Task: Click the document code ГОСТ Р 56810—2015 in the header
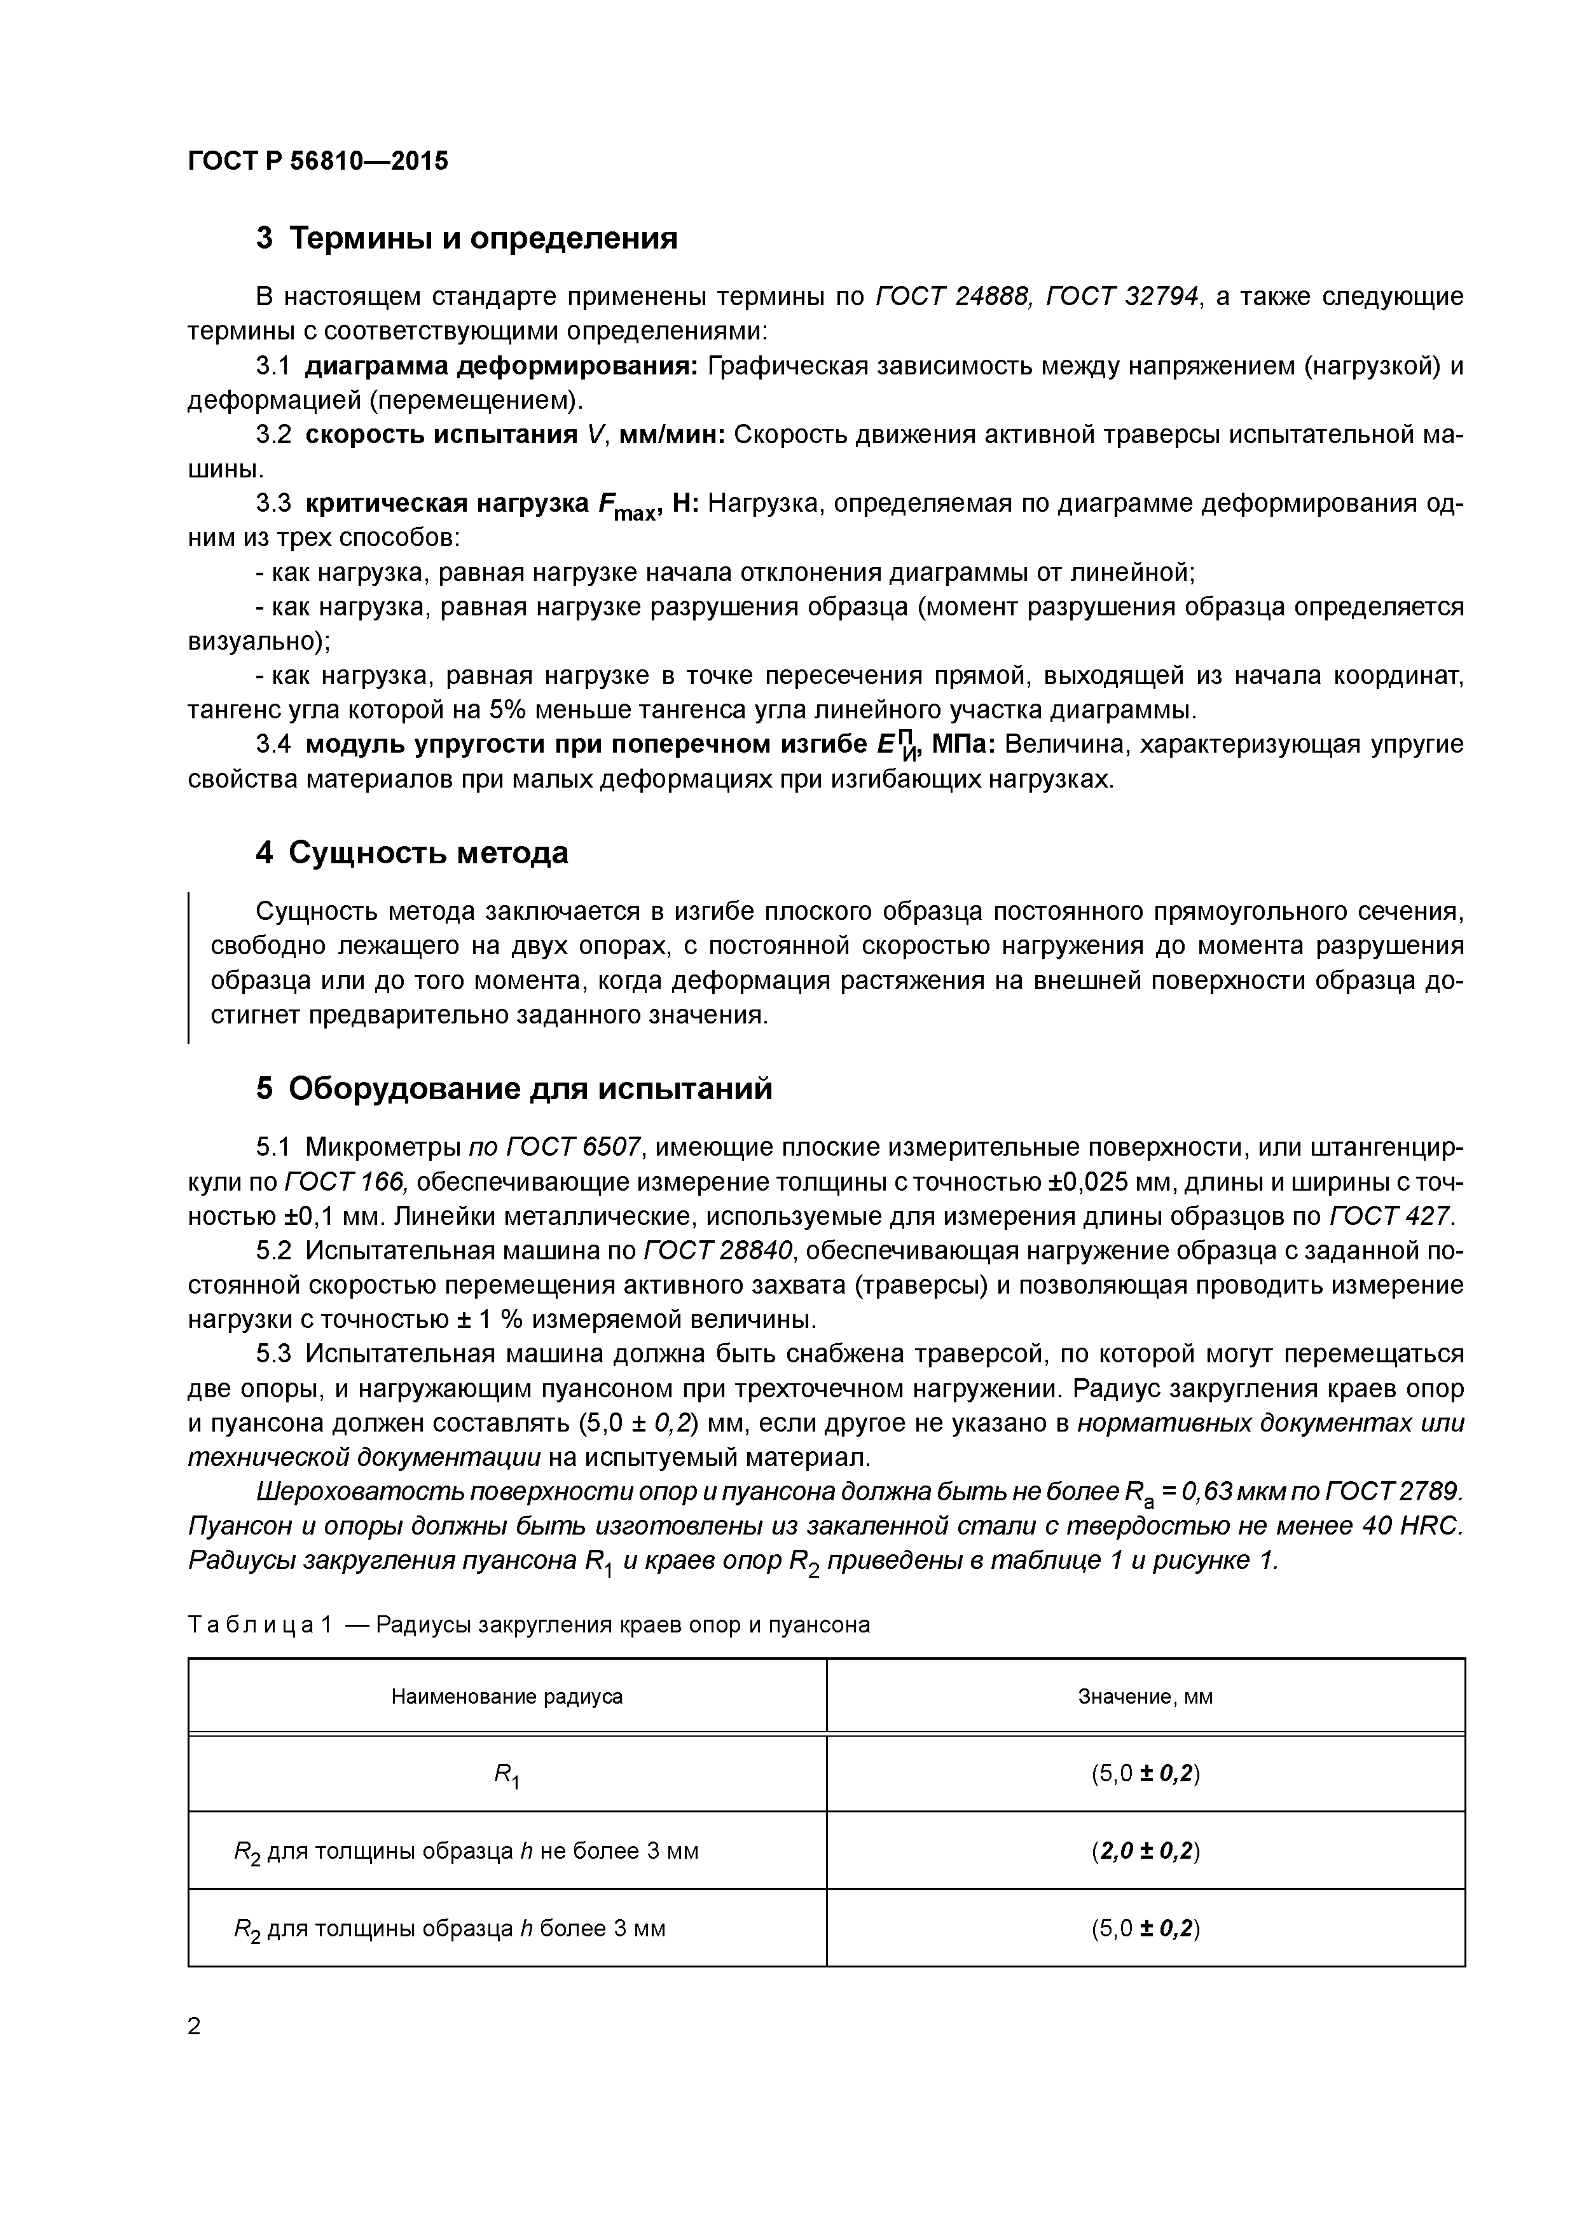[x=318, y=161]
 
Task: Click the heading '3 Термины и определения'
[x=466, y=238]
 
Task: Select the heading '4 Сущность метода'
[x=412, y=852]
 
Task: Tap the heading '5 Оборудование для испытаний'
[x=514, y=1089]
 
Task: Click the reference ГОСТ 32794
[x=1122, y=296]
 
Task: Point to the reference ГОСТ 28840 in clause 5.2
[x=719, y=1251]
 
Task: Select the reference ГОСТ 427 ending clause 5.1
[x=1389, y=1216]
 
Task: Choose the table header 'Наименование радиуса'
[x=506, y=1697]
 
